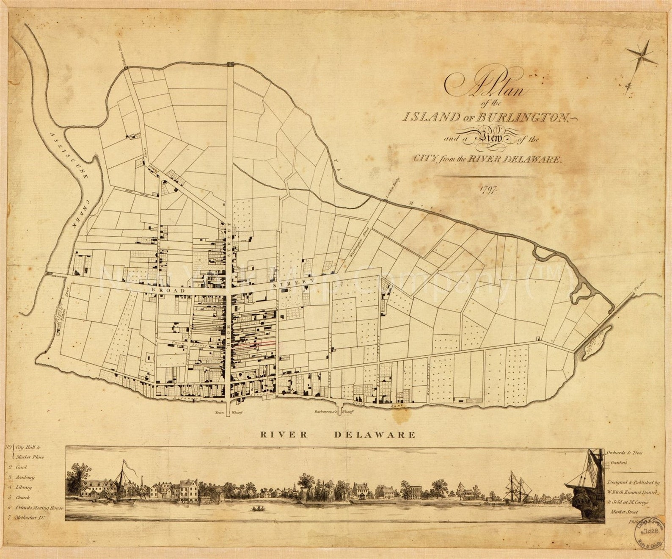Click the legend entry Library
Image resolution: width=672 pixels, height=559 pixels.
click(x=24, y=487)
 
